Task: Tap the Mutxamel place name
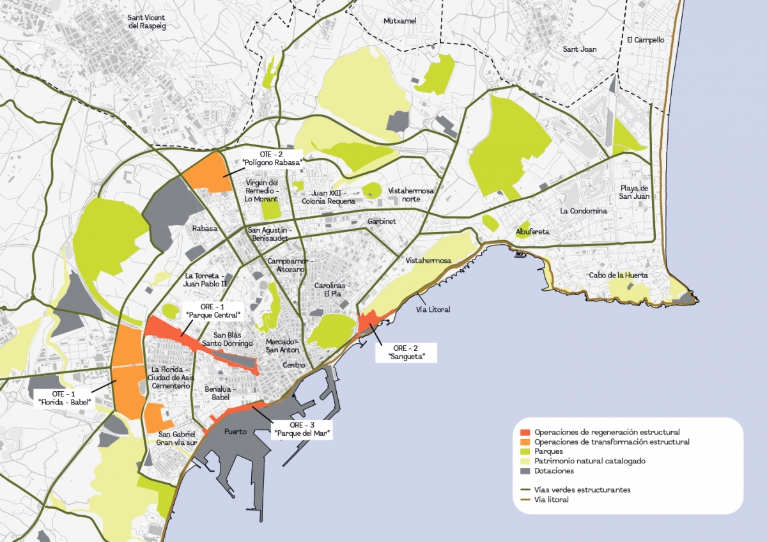pos(399,21)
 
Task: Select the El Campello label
pos(646,40)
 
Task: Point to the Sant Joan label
pos(579,49)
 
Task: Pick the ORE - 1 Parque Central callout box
pos(213,310)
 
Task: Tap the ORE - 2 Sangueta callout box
pos(405,352)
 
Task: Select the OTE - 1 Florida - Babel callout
pos(63,398)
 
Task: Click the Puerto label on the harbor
pos(236,431)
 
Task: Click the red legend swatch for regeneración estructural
pos(525,432)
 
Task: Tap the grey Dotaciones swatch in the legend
pos(525,471)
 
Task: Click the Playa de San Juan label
pos(634,192)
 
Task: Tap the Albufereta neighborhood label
pos(532,232)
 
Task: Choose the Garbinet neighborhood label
pos(382,221)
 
